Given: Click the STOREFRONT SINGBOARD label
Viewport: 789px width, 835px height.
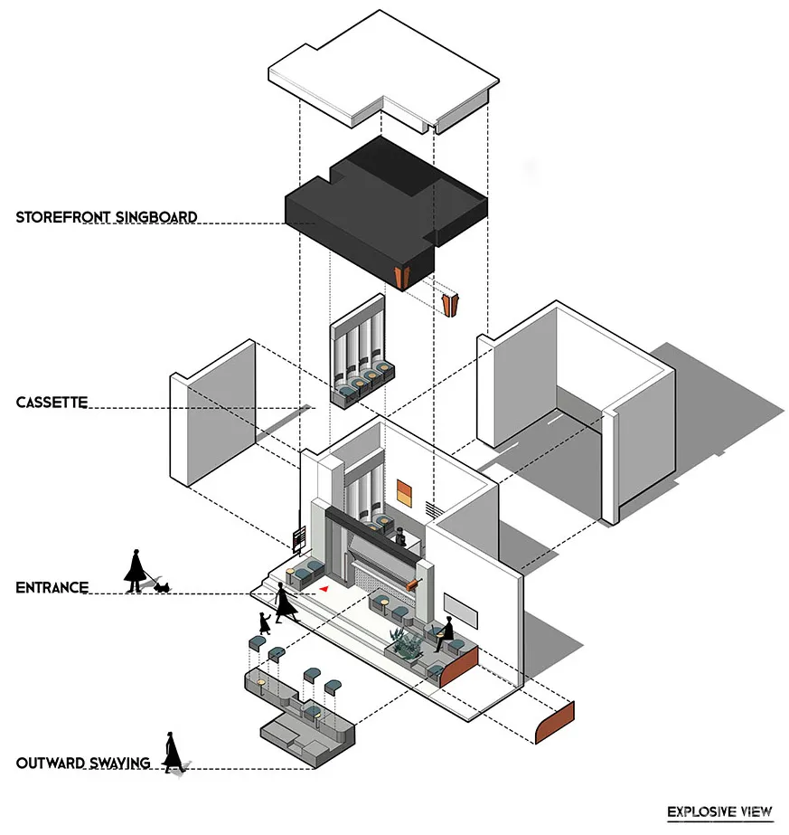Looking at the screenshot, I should click(107, 217).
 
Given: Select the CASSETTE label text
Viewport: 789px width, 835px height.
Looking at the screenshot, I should click(52, 403).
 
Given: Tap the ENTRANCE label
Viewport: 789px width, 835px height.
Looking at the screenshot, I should click(52, 587).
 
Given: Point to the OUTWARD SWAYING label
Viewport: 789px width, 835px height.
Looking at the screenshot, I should click(82, 763).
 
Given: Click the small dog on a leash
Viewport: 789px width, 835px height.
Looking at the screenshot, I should click(163, 586).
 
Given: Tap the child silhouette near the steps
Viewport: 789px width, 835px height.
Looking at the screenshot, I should click(264, 623).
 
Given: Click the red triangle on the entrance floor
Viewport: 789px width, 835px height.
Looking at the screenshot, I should click(323, 588).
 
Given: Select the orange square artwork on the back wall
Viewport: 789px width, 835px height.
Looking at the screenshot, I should click(405, 492).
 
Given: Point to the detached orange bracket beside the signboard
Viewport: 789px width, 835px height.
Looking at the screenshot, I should click(449, 303).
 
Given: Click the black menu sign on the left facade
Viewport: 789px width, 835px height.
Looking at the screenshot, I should click(296, 539).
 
